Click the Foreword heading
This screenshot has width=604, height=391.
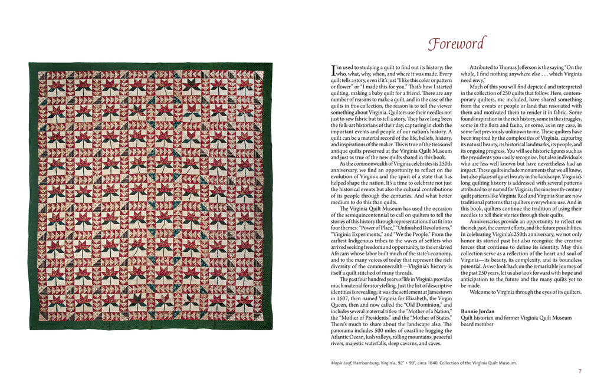[457, 44]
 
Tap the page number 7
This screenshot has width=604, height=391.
[580, 371]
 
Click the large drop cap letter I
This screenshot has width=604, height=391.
[334, 71]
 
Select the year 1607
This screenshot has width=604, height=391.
[340, 300]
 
